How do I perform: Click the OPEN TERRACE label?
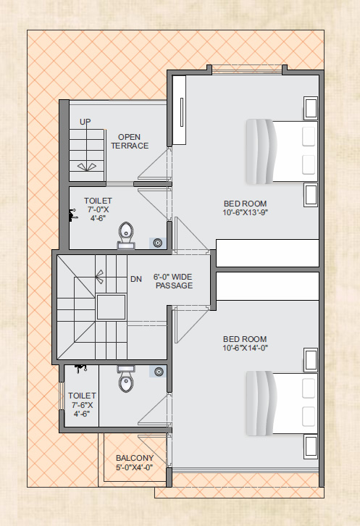click(x=130, y=141)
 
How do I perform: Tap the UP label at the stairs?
click(x=85, y=122)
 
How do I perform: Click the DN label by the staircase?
click(x=136, y=279)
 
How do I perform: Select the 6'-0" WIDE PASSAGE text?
click(x=173, y=281)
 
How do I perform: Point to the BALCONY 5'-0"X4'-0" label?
click(x=135, y=462)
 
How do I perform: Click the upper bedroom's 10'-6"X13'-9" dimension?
click(x=245, y=212)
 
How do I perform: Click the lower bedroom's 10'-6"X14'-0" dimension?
click(x=245, y=348)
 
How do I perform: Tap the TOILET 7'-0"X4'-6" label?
click(x=98, y=209)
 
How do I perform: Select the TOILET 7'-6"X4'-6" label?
click(x=82, y=404)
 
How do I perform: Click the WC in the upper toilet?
click(x=126, y=235)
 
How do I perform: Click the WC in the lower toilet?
click(x=126, y=379)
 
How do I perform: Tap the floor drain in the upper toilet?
click(x=157, y=243)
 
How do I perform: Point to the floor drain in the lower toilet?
click(x=159, y=372)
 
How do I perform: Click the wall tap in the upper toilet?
click(x=73, y=215)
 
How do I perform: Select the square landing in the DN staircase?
click(x=111, y=307)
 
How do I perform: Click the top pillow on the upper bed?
click(x=309, y=136)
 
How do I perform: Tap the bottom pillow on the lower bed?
click(x=309, y=417)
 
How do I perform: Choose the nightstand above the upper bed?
click(x=311, y=109)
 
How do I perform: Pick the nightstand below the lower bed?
click(x=311, y=447)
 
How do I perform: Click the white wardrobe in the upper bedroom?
click(x=179, y=110)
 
